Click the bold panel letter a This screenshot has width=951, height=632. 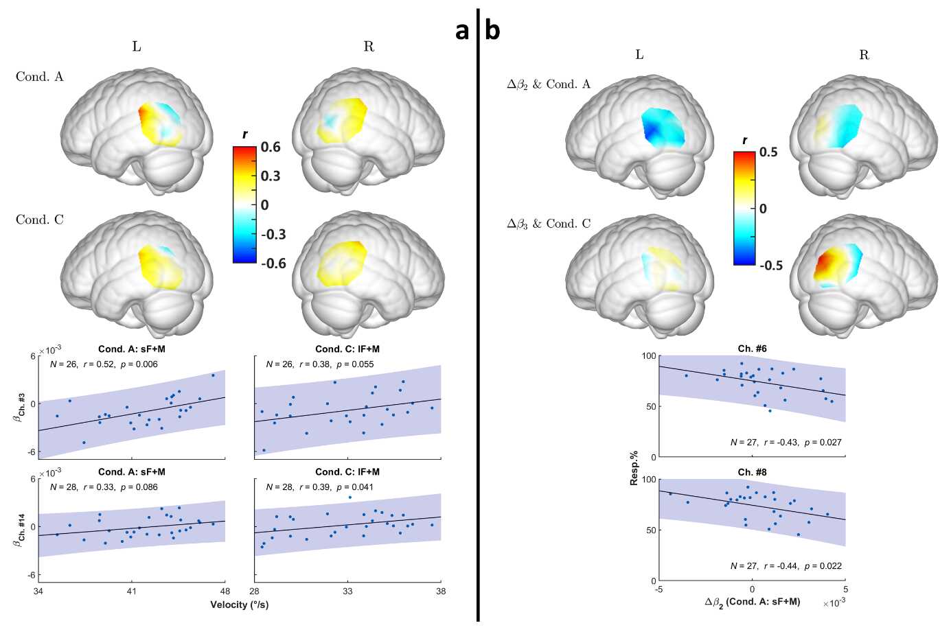tap(462, 30)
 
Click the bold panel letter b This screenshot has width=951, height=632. tap(492, 30)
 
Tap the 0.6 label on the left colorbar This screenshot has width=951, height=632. tap(271, 148)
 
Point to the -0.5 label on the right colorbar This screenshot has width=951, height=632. tap(770, 266)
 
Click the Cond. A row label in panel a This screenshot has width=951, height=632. tap(40, 77)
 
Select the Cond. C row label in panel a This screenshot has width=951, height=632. tap(40, 220)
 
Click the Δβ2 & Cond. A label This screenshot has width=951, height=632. tap(549, 84)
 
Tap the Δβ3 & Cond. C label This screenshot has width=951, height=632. tap(549, 224)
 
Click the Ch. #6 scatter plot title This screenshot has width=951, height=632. tap(752, 349)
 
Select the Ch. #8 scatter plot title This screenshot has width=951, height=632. tap(752, 472)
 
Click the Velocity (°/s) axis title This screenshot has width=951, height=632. tap(239, 605)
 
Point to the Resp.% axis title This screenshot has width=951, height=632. tap(634, 468)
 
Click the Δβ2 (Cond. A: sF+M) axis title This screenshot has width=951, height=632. tap(752, 602)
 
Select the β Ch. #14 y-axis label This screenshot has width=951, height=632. tap(21, 527)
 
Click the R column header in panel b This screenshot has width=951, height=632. tap(864, 55)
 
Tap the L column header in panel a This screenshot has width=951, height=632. tap(137, 47)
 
